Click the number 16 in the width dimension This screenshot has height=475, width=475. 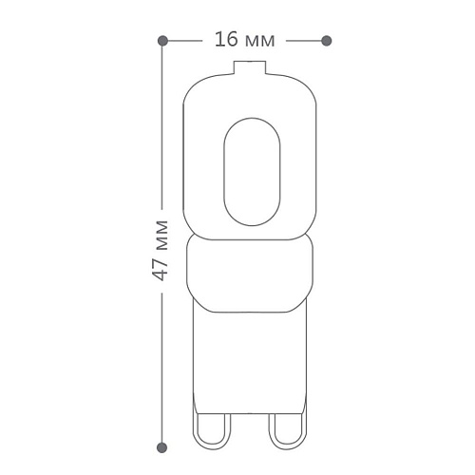click(226, 40)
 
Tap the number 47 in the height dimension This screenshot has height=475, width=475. click(160, 267)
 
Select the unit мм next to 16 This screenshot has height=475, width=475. click(259, 42)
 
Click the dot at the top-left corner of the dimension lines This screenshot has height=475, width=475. click(162, 41)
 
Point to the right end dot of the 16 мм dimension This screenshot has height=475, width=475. click(327, 41)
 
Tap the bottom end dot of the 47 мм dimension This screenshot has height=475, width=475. click(162, 447)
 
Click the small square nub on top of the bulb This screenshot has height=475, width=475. click(250, 67)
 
